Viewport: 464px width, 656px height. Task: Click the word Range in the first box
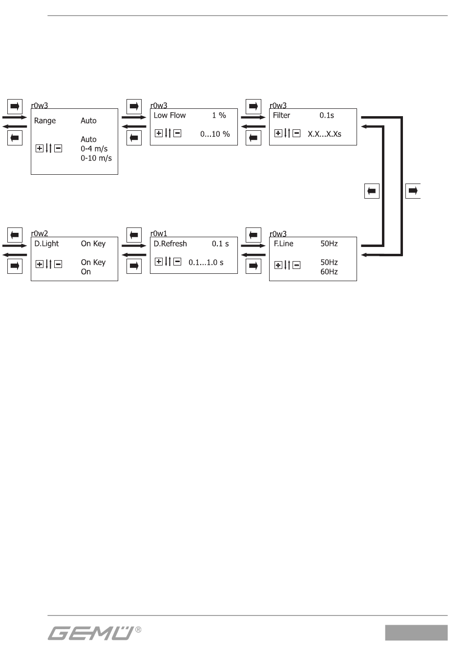pos(45,121)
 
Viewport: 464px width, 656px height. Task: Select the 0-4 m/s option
pos(94,149)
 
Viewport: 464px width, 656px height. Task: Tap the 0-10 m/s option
pos(96,158)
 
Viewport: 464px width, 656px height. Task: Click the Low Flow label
pos(169,116)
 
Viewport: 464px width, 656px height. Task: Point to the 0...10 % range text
pos(215,134)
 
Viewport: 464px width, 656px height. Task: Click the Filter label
pos(281,116)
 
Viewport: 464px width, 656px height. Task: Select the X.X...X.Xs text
pos(324,134)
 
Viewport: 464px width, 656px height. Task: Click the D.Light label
pos(46,244)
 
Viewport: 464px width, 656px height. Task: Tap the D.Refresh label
pos(170,244)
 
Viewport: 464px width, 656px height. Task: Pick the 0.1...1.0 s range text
pos(206,263)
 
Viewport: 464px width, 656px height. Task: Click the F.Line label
pos(283,244)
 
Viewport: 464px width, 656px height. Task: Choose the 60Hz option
pos(329,272)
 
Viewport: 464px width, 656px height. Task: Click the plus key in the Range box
pos(40,148)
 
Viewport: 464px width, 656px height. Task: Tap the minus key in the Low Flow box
pos(177,133)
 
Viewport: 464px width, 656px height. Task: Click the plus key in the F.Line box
pos(278,265)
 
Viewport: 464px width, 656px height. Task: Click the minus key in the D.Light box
pos(58,264)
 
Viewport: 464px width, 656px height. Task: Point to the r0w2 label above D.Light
pos(40,234)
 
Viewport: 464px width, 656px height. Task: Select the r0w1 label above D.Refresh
pos(159,234)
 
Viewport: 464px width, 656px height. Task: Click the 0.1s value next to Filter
pos(327,116)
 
